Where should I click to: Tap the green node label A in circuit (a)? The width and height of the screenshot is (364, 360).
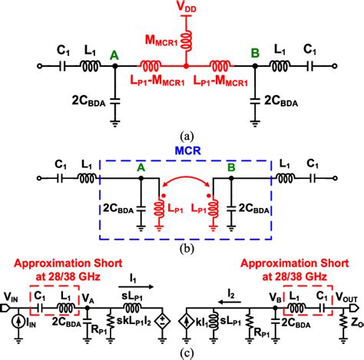(x=114, y=54)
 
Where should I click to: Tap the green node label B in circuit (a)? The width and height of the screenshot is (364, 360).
(x=253, y=54)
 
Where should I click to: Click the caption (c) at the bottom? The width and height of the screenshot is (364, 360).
(x=183, y=352)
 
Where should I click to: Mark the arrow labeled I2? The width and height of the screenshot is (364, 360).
(x=212, y=296)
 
